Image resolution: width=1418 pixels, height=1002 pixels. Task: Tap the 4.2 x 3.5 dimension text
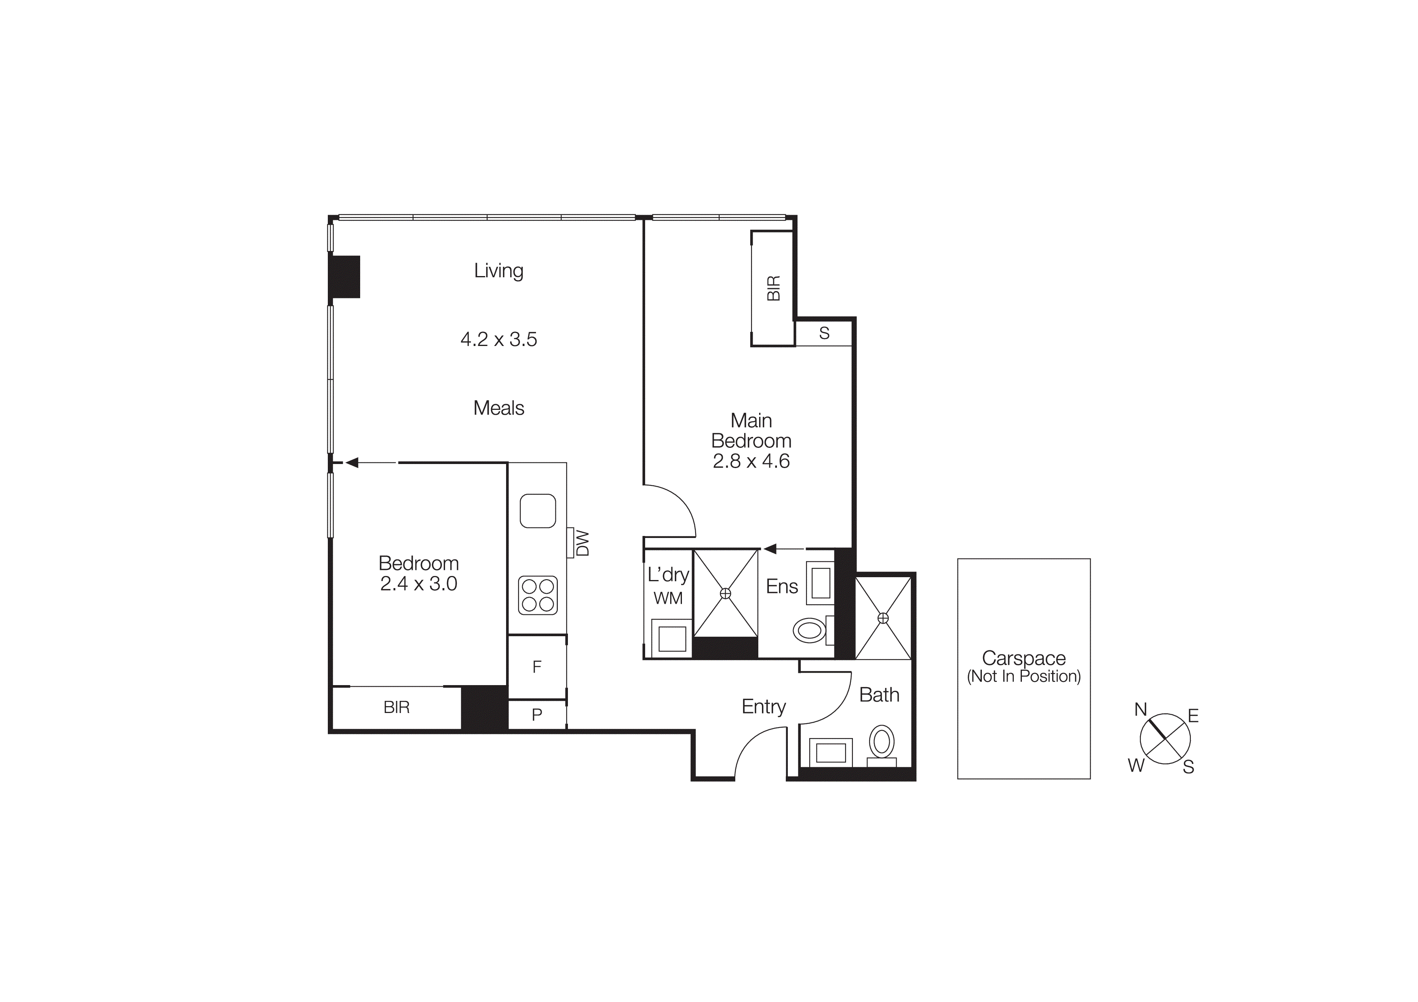[498, 339]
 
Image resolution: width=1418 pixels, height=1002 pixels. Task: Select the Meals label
[498, 408]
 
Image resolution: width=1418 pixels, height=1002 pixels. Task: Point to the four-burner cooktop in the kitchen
[537, 595]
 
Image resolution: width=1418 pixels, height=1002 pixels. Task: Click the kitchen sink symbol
[537, 510]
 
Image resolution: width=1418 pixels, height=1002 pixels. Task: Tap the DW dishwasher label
[582, 543]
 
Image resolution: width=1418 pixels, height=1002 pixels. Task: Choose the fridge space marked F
[537, 667]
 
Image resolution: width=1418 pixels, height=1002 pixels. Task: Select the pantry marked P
[537, 714]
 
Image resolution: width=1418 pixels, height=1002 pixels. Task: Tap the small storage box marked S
[824, 333]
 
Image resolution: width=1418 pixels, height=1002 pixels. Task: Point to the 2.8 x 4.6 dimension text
[751, 461]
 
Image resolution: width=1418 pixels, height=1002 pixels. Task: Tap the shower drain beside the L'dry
[726, 593]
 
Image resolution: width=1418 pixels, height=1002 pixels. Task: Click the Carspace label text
[1023, 658]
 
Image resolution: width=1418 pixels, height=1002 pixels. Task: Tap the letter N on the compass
[1140, 709]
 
